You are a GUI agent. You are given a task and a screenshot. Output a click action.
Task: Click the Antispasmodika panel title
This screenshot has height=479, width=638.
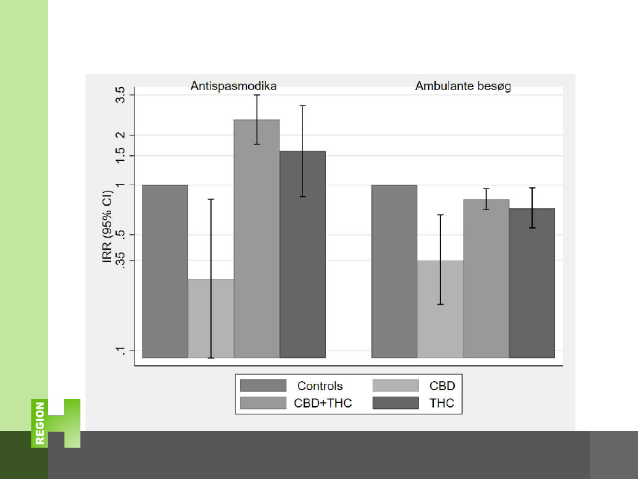coord(234,86)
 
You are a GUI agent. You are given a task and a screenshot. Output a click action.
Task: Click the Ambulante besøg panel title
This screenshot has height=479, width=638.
coord(463,86)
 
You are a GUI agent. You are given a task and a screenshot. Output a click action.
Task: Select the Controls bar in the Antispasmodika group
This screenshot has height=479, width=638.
coord(165,271)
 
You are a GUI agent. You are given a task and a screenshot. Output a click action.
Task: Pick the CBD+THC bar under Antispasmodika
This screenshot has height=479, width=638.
coord(256,238)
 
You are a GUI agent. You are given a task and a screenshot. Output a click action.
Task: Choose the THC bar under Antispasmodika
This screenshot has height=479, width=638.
coord(302,254)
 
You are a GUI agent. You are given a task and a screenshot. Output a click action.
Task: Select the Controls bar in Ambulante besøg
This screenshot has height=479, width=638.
coord(394,271)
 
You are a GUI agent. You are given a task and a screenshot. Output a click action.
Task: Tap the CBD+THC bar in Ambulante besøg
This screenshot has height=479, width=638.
coord(486,278)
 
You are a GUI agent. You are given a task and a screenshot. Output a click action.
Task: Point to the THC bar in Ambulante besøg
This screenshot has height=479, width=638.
coord(532,283)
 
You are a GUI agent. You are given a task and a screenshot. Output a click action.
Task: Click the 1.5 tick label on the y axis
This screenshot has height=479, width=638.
coord(121,156)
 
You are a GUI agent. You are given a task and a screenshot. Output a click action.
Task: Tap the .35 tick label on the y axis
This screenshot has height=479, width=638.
coord(121,261)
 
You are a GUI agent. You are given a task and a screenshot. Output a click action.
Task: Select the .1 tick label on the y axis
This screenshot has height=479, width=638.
coord(121,351)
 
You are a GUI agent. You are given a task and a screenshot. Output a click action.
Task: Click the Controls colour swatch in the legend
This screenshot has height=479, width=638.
coord(263,386)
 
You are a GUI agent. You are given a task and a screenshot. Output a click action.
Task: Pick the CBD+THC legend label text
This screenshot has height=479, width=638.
coord(323,404)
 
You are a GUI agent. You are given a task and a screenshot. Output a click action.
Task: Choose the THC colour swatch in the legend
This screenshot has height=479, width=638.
coord(396,404)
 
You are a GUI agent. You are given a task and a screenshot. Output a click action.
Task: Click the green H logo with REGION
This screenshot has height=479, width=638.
coord(56,423)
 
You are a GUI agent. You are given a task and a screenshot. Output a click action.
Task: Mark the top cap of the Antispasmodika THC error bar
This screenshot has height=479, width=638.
coord(302,105)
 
